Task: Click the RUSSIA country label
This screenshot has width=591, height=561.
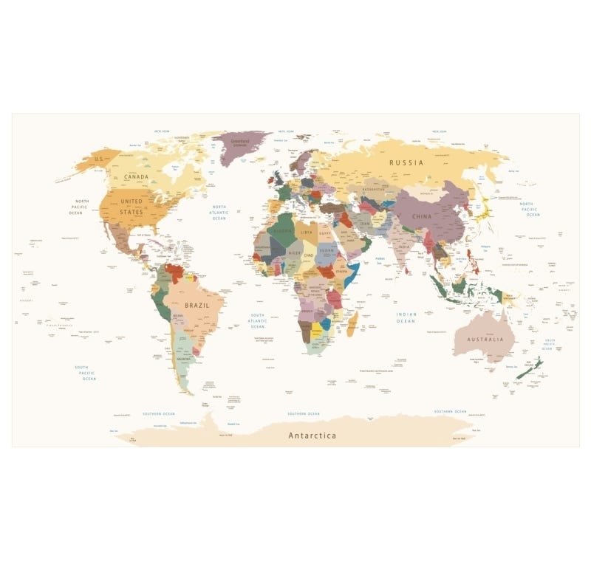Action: [406, 162]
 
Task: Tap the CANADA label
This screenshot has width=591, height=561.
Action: [136, 177]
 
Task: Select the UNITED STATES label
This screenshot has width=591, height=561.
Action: [131, 207]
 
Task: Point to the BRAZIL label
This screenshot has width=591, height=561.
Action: [197, 305]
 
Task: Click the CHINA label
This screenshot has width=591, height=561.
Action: [422, 216]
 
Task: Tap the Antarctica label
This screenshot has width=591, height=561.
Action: [312, 436]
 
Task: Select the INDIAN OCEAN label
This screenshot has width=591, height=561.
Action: [406, 318]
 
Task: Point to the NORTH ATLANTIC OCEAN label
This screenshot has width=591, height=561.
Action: [219, 213]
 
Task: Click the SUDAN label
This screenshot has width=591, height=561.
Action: [327, 249]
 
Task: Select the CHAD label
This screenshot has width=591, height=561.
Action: [308, 255]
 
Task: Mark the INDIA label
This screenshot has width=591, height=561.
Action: [404, 247]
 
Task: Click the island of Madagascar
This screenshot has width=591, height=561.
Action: [353, 323]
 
